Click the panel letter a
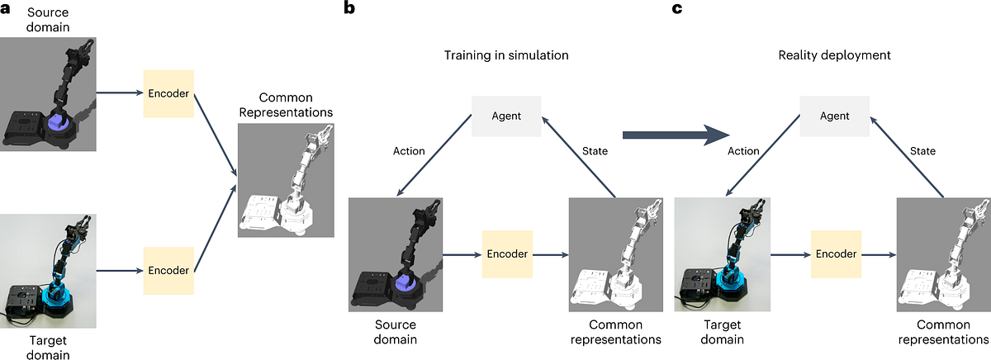tap(7, 9)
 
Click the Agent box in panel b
tap(506, 116)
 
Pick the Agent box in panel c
tap(833, 116)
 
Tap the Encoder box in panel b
tap(507, 254)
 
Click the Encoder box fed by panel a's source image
tap(168, 94)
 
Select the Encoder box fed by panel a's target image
tap(168, 269)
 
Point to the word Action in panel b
tap(409, 151)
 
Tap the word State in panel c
tap(922, 151)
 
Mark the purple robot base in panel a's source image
tap(59, 124)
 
